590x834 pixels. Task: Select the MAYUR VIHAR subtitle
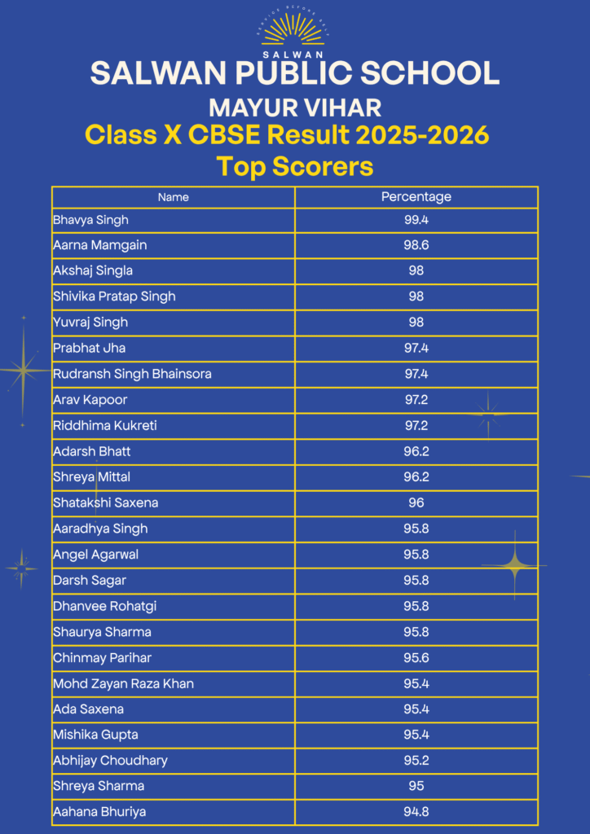[295, 108]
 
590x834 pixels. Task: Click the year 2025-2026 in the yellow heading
[422, 136]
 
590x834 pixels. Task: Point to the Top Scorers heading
[295, 166]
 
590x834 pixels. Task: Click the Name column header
[174, 197]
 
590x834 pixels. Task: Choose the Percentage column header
[416, 197]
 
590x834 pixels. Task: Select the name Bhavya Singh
[91, 220]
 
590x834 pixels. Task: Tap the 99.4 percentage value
[416, 220]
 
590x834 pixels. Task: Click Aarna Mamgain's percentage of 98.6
[416, 245]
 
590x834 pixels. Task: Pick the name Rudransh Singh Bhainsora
[133, 375]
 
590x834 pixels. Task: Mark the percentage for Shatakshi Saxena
[416, 503]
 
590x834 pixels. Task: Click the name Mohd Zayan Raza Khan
[123, 684]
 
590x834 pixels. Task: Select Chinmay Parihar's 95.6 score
[416, 658]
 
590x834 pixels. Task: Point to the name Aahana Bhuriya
[99, 813]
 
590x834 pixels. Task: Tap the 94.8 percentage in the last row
[416, 812]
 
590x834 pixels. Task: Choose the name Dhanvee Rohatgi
[105, 606]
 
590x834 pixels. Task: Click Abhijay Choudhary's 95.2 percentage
[416, 761]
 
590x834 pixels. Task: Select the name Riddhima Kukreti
[105, 426]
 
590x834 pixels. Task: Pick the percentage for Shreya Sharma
[416, 786]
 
